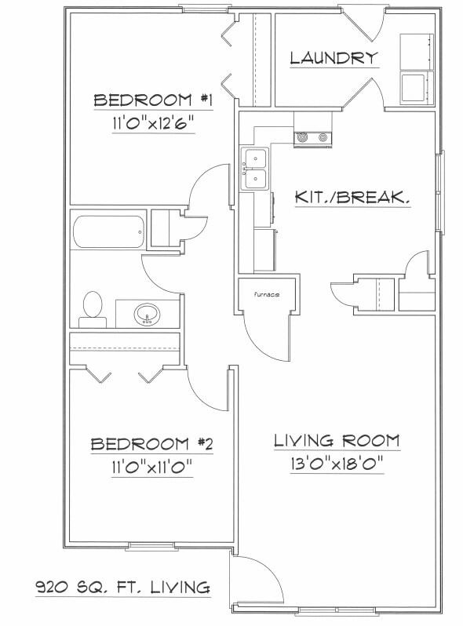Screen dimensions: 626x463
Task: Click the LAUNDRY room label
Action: (x=334, y=57)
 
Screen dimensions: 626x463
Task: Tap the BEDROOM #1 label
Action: (x=154, y=100)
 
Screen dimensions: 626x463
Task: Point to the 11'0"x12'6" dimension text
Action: (x=154, y=123)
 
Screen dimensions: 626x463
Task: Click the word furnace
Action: (x=267, y=295)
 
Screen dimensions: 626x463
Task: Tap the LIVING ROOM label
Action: (x=337, y=440)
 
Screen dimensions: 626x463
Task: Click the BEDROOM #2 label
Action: (x=152, y=444)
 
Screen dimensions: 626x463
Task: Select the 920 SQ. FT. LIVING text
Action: (x=122, y=586)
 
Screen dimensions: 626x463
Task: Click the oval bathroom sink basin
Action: (x=145, y=315)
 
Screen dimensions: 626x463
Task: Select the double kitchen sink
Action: (x=255, y=169)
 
